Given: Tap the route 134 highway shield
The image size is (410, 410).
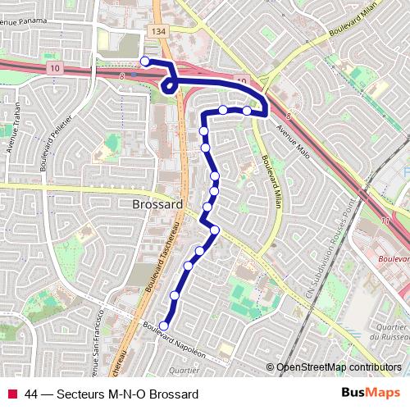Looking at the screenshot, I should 158,30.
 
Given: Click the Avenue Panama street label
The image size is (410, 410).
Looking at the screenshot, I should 25,22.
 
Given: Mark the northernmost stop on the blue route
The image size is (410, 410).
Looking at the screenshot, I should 145,61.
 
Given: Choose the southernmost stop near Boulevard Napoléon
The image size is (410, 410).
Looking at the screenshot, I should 163,326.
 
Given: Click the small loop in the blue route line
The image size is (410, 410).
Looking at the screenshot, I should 170,84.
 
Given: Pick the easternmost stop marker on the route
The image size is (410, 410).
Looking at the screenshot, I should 246,110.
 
